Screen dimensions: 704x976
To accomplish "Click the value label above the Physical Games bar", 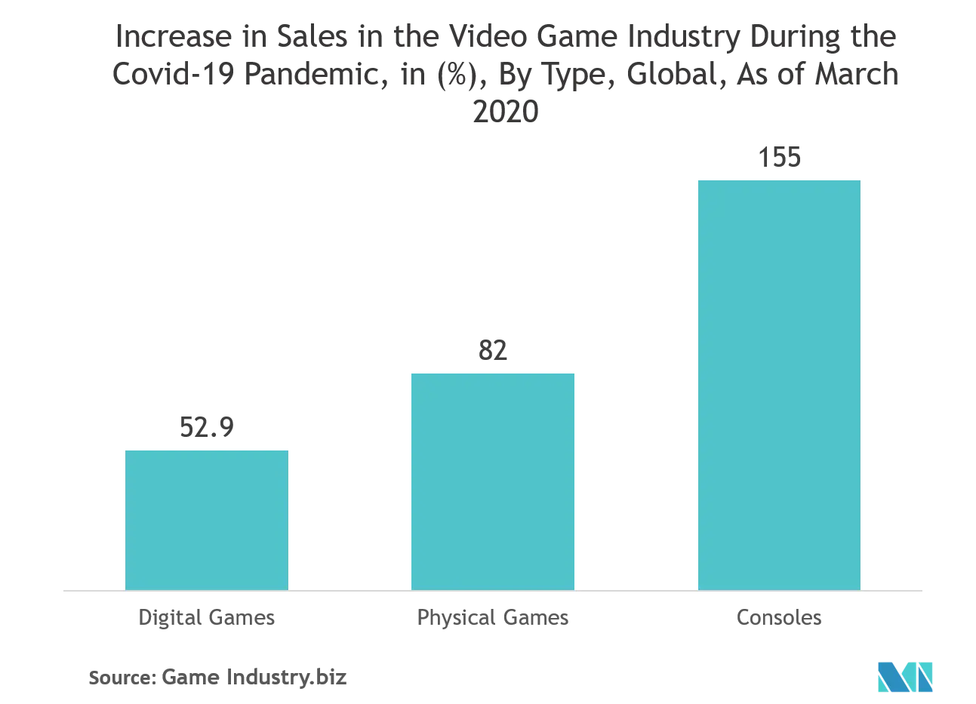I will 494,351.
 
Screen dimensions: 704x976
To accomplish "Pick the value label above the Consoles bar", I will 778,158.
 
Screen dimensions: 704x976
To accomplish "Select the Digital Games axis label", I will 208,618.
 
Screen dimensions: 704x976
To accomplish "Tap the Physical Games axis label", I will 494,618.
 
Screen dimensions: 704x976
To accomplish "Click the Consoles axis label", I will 778,618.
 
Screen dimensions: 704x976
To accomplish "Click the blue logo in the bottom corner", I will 905,675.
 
